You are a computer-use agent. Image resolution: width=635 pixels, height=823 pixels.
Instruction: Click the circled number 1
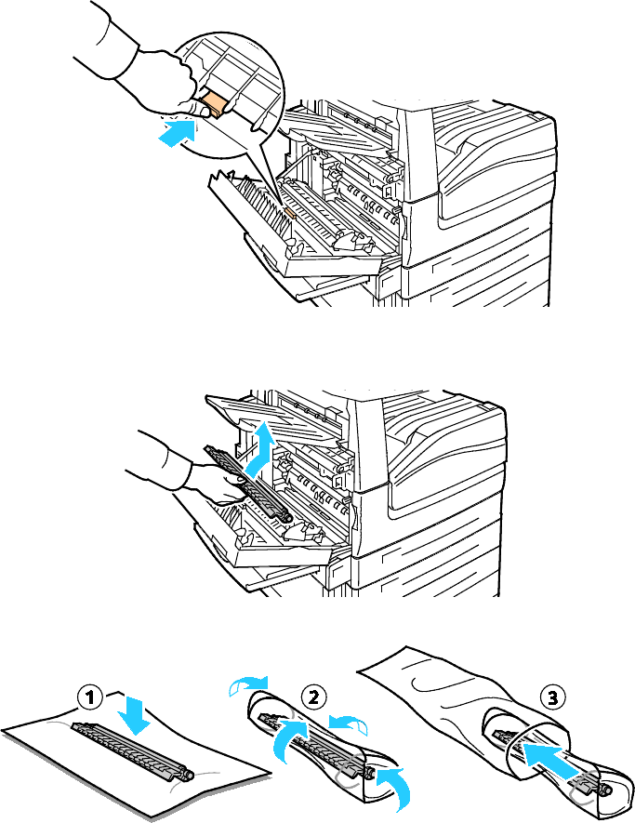tap(90, 697)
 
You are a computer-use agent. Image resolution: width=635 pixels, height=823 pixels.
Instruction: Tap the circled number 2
tap(314, 697)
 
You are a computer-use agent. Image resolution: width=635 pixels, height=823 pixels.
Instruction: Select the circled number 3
tap(552, 697)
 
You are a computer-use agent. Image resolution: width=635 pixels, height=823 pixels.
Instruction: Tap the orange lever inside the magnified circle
tap(215, 104)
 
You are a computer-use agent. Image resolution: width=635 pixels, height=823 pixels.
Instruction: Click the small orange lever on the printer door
tap(290, 213)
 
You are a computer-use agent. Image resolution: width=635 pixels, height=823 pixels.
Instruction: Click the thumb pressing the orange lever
tap(197, 108)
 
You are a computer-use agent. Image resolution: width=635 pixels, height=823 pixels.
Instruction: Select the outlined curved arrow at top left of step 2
tap(247, 684)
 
